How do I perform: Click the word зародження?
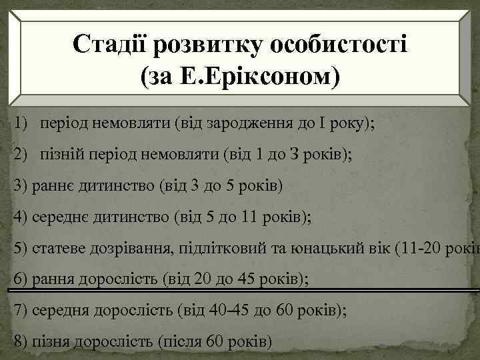(x=261, y=124)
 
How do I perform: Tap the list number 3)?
(x=20, y=185)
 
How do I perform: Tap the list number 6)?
(x=20, y=278)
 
